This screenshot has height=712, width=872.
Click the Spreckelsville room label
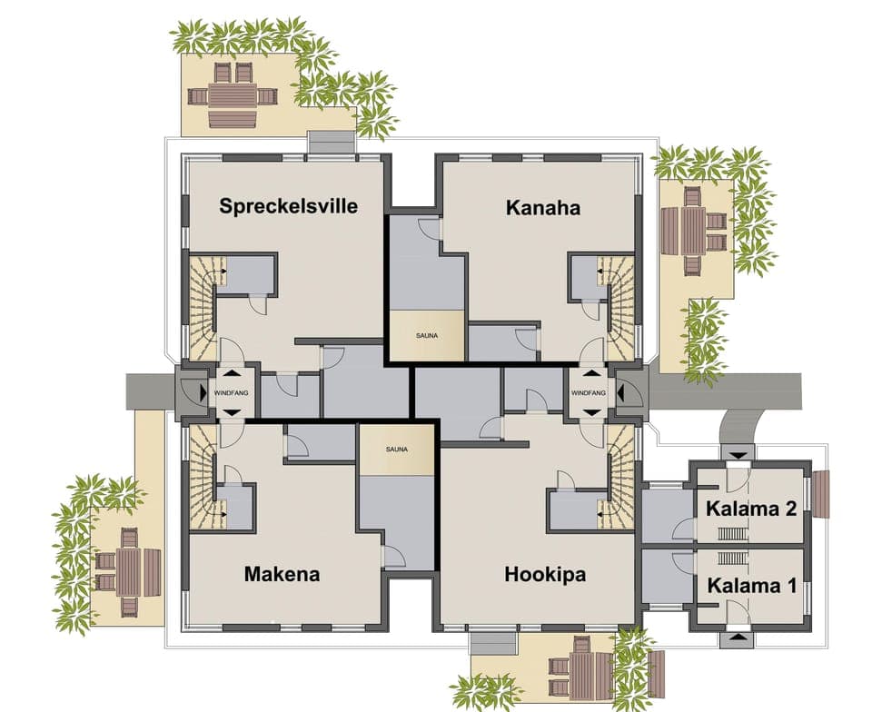pyautogui.click(x=288, y=206)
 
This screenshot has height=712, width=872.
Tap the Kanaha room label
pyautogui.click(x=542, y=208)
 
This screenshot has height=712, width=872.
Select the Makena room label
pyautogui.click(x=282, y=574)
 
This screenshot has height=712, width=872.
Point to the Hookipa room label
pyautogui.click(x=545, y=575)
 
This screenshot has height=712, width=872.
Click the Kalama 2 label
pyautogui.click(x=750, y=509)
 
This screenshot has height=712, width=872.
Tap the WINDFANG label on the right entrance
pyautogui.click(x=588, y=392)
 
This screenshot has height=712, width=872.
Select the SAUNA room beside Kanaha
pyautogui.click(x=427, y=336)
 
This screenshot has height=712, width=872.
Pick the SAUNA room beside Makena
pyautogui.click(x=396, y=449)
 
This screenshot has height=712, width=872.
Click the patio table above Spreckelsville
pyautogui.click(x=233, y=94)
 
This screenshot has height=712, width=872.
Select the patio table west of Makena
pyautogui.click(x=128, y=571)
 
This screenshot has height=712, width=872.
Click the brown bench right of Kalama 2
pyautogui.click(x=820, y=495)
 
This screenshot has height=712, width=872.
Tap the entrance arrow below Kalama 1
pyautogui.click(x=736, y=640)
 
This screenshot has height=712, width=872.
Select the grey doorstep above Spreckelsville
pyautogui.click(x=331, y=143)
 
